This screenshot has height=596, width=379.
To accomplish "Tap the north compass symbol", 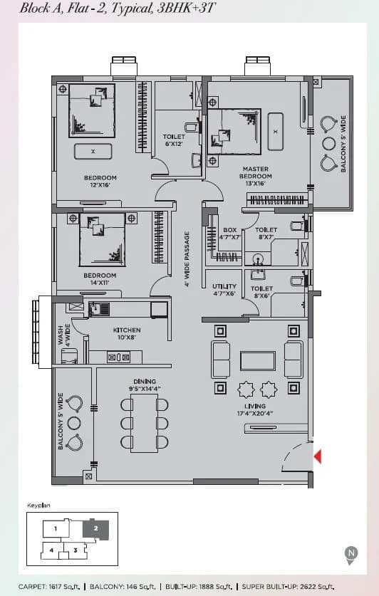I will pyautogui.click(x=351, y=553).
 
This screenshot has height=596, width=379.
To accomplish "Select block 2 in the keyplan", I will pyautogui.click(x=95, y=529).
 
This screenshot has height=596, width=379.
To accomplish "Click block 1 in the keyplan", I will pyautogui.click(x=55, y=529).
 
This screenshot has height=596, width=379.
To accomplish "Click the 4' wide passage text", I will pyautogui.click(x=187, y=258).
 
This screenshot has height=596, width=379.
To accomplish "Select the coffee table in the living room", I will pyautogui.click(x=257, y=360).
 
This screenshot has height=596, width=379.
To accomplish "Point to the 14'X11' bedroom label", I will pyautogui.click(x=100, y=279).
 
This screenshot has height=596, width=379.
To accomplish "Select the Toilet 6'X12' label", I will pyautogui.click(x=174, y=140).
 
